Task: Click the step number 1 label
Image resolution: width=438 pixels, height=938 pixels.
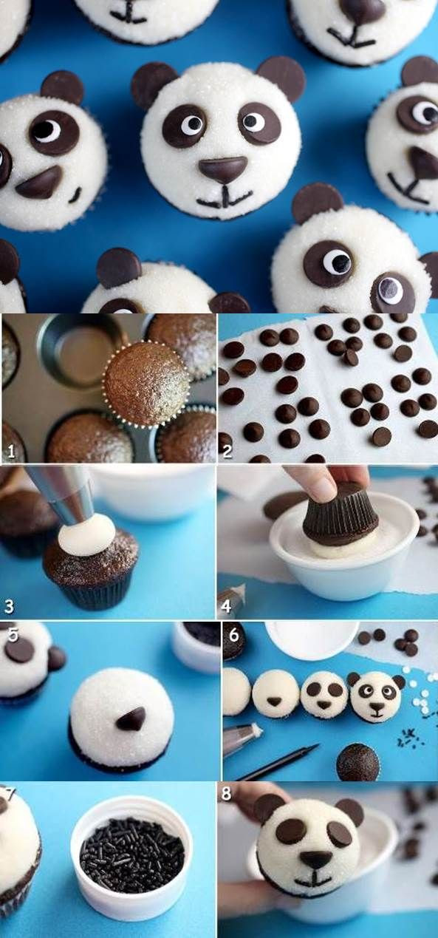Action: pos(11,452)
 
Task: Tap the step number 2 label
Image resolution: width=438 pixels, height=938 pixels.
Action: pos(227,452)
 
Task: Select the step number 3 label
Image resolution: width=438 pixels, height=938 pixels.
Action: pos(9,607)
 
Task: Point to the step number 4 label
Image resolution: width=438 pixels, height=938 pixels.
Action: pos(226,607)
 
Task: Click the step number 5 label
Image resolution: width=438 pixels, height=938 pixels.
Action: pos(13,635)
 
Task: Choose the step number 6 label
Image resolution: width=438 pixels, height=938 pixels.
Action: pos(234,635)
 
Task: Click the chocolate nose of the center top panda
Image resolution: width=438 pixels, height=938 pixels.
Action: pos(222,169)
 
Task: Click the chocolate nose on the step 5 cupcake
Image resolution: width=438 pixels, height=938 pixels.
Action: pos(131,718)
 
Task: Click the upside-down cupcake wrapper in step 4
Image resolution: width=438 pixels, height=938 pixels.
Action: pos(341,512)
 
